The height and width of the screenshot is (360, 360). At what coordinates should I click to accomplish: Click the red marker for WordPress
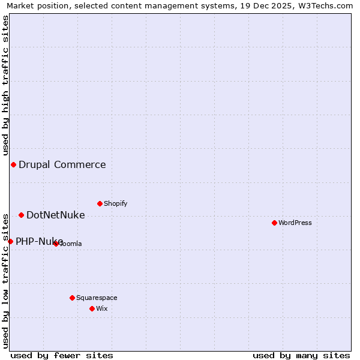[x=274, y=223]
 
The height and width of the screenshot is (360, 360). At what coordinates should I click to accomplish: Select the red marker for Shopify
[x=100, y=203]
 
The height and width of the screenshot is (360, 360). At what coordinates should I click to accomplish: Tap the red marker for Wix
[x=92, y=308]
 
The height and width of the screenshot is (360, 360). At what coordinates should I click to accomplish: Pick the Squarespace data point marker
[x=72, y=298]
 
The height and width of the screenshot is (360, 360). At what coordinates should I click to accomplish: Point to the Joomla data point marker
[x=56, y=244]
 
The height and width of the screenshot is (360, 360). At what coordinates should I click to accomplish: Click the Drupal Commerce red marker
[x=13, y=164]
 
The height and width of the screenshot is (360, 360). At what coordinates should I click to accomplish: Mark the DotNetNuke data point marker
[x=21, y=215]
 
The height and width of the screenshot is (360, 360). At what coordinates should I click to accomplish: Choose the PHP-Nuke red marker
[x=10, y=241]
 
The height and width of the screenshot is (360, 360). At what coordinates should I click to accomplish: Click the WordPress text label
[x=295, y=223]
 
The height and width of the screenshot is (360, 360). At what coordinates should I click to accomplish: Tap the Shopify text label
[x=116, y=203]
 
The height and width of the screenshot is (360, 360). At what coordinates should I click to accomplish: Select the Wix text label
[x=101, y=308]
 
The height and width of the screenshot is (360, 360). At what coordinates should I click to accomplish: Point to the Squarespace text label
[x=97, y=298]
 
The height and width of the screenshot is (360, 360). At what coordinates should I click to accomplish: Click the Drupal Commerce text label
[x=62, y=165]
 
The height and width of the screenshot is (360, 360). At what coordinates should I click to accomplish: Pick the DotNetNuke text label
[x=55, y=215]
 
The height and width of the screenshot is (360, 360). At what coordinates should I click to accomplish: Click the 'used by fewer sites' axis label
[x=62, y=355]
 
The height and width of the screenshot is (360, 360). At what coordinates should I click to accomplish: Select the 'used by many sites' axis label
[x=301, y=355]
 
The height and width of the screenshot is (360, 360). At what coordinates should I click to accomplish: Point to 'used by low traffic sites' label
[x=5, y=280]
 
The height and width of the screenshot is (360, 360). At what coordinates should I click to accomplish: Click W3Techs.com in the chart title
[x=329, y=6]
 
